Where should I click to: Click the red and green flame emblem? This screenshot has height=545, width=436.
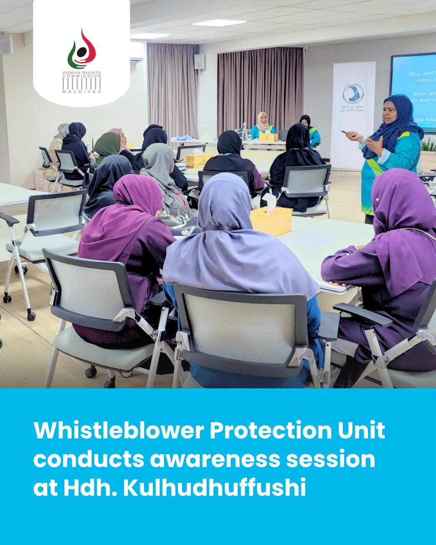[x=81, y=49]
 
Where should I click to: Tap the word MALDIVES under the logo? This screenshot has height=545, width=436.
[x=81, y=91]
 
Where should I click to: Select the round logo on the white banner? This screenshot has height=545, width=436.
[x=353, y=94]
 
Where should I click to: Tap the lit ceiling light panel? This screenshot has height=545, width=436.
[x=219, y=22]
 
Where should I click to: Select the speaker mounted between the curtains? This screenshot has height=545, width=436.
[x=199, y=61]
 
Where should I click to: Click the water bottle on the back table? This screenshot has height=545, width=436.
[x=244, y=131]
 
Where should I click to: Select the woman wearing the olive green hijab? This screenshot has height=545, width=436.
[x=107, y=146]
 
